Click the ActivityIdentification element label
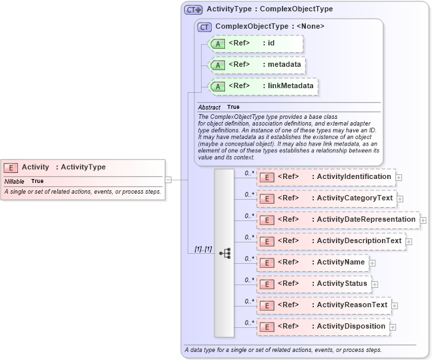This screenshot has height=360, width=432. tap(353, 176)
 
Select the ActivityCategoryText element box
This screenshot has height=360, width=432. tap(327, 198)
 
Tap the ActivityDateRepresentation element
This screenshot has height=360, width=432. tap(338, 219)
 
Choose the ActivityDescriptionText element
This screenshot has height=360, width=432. tap(331, 240)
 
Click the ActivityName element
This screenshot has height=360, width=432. tap(312, 262)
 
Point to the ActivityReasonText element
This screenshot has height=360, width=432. tap(325, 305)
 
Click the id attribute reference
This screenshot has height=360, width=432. tap(256, 43)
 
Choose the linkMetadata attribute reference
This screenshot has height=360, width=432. tap(263, 86)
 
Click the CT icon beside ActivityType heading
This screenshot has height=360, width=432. tap(194, 9)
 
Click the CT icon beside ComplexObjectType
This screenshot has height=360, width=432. tap(204, 27)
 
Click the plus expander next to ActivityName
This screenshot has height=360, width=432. tap(372, 263)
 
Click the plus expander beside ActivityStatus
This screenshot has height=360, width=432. tap(375, 285)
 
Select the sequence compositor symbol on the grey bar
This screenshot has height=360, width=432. tap(224, 253)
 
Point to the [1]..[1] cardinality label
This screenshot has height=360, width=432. tap(203, 248)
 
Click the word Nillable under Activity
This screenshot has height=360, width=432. tap(14, 181)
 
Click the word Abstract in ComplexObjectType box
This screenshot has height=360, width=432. tap(209, 107)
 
